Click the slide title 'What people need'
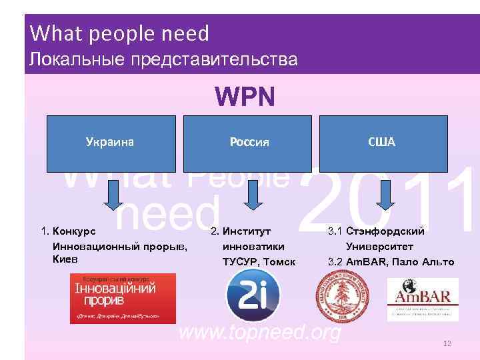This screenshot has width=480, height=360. (x=120, y=33)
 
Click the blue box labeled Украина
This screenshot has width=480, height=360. (x=111, y=143)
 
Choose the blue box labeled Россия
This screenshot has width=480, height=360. (x=249, y=143)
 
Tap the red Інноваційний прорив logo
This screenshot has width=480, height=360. (x=123, y=298)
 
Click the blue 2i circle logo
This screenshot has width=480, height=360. (x=253, y=296)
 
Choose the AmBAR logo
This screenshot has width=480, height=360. (x=423, y=299)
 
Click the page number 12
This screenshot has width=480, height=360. (x=447, y=343)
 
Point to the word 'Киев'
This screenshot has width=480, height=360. (x=65, y=258)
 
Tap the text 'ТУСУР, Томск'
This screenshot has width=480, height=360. (x=258, y=261)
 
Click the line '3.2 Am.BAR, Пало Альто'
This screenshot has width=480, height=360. (x=391, y=261)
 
